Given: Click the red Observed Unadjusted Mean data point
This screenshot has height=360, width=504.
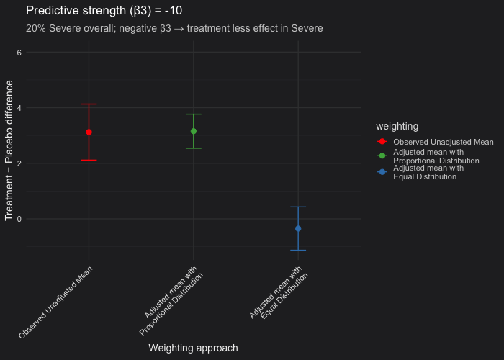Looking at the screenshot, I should tap(89, 132).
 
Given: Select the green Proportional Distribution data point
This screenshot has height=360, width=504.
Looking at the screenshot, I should tap(193, 131).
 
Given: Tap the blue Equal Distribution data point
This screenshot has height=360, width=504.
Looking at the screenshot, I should tap(298, 228).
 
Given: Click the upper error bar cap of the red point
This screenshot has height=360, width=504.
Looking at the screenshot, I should tap(89, 104).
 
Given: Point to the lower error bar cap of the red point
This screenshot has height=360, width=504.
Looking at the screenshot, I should tap(89, 160).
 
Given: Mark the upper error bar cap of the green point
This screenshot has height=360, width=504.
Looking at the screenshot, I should tap(193, 114).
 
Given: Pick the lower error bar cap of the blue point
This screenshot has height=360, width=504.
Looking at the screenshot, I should tap(298, 250).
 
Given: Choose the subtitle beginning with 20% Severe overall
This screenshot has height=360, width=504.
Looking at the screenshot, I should tap(174, 29).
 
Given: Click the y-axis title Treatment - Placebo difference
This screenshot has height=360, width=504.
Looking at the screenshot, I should tap(9, 150).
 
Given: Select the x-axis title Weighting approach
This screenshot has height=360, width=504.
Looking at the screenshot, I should tap(193, 348).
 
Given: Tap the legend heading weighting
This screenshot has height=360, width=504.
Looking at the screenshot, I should tap(392, 126).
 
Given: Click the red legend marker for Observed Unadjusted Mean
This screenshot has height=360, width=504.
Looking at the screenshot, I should tap(382, 142).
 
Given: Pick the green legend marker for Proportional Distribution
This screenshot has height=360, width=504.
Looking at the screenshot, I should tap(382, 156).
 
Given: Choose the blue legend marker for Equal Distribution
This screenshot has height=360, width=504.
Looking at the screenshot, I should tap(382, 171).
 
